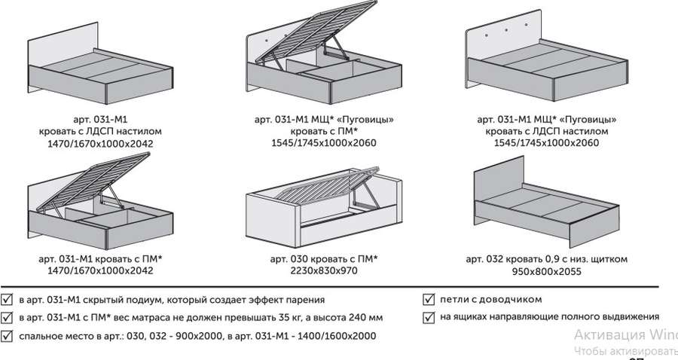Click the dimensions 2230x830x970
[x=324, y=271]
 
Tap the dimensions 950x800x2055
[x=546, y=271]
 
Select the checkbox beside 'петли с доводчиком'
[x=429, y=299]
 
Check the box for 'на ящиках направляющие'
[x=429, y=317]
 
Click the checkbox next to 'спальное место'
[x=7, y=335]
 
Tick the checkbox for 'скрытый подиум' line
[x=7, y=299]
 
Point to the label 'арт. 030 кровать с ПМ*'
[x=324, y=259]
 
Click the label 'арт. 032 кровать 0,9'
[x=513, y=259]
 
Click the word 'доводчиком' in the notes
[x=513, y=299]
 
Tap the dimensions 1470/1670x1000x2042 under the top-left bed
[x=100, y=142]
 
